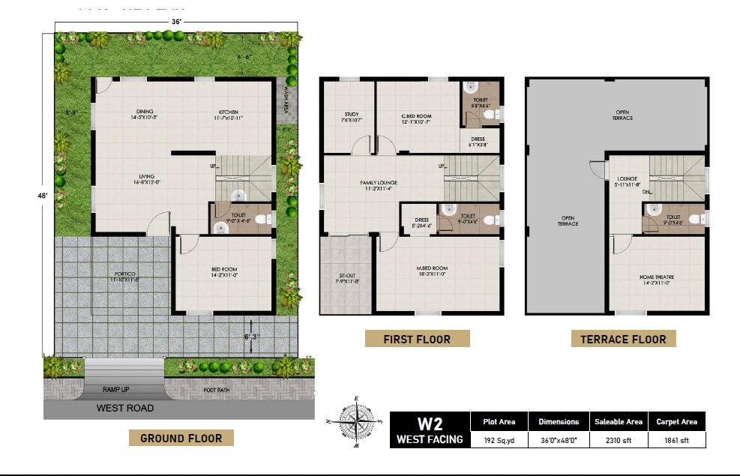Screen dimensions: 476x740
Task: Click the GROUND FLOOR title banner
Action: pyautogui.click(x=181, y=438)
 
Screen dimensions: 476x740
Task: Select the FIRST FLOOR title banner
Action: pyautogui.click(x=417, y=339)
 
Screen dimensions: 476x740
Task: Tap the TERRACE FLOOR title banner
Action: pyautogui.click(x=623, y=339)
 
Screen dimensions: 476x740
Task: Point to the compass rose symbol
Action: pyautogui.click(x=356, y=422)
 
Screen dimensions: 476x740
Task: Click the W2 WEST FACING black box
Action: pyautogui.click(x=430, y=430)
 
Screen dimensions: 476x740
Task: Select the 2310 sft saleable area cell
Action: pyautogui.click(x=618, y=440)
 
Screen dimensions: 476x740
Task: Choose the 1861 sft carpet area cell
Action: pyautogui.click(x=676, y=440)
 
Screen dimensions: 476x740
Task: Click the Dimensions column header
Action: pyautogui.click(x=558, y=421)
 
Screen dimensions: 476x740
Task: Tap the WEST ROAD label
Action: pyautogui.click(x=125, y=409)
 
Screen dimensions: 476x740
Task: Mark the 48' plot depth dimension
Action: pyautogui.click(x=44, y=195)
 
